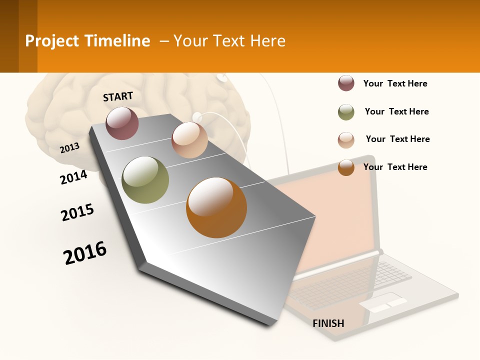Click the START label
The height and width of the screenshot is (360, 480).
point(118,96)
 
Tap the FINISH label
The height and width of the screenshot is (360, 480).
point(328,323)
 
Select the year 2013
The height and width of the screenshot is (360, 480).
point(69,148)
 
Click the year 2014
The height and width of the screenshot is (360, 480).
point(73,177)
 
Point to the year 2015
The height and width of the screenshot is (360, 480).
point(77,212)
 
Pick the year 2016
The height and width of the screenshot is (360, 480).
point(85,252)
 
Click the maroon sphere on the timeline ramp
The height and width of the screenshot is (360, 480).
point(122,123)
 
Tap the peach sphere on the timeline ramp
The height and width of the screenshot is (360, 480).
point(189,140)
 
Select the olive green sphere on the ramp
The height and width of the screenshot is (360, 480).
point(145,180)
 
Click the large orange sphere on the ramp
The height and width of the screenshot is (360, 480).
point(216,207)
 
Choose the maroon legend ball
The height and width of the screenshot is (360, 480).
point(346,83)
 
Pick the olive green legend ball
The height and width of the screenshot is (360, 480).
point(346,112)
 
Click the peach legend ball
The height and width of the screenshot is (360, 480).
point(346,140)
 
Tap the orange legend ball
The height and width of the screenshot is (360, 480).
point(346,167)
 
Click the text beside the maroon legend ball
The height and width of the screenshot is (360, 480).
point(395,83)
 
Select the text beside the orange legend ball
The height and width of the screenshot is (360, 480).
point(395,167)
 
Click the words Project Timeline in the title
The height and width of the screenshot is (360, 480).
point(87,41)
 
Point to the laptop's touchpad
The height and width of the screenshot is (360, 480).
point(382,302)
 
